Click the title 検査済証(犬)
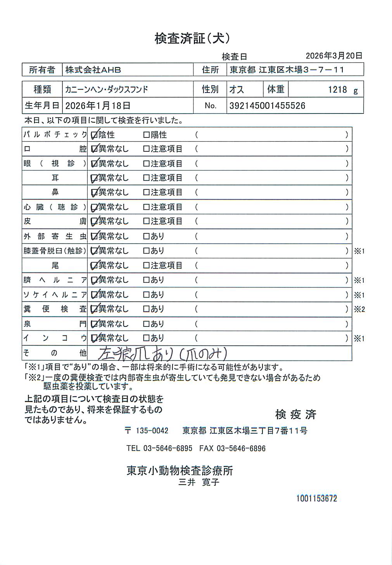(192, 38)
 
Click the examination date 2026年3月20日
(334, 56)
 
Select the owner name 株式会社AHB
(93, 70)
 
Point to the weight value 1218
(337, 90)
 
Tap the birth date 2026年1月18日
(98, 106)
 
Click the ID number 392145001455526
(267, 106)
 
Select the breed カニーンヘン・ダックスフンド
(107, 90)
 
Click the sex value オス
(237, 90)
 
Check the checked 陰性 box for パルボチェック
(94, 135)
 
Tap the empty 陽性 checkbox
(146, 135)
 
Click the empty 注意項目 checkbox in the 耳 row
(146, 178)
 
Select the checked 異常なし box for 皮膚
(94, 222)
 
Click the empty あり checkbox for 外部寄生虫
(146, 236)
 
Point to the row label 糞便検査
(55, 309)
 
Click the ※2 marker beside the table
(359, 309)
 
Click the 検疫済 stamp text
(295, 414)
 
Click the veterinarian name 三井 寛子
(199, 482)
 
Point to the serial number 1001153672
(316, 498)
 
